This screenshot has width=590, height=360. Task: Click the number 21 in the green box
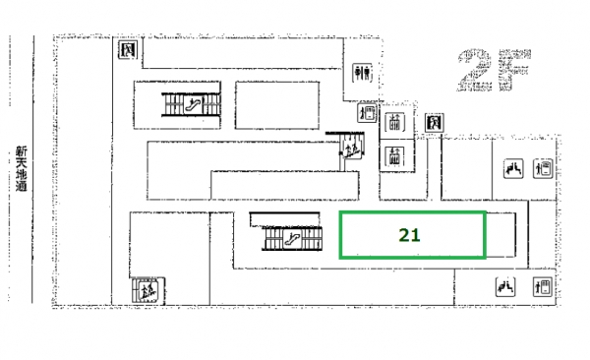[409, 235]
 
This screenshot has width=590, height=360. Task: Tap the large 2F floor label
[494, 70]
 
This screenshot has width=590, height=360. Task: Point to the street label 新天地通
[22, 168]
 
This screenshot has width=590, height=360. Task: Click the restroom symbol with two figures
[362, 73]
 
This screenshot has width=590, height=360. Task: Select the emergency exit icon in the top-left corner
[128, 50]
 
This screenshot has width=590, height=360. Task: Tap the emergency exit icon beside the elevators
[435, 123]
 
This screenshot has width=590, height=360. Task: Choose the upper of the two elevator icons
[394, 122]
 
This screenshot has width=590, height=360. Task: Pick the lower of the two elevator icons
[394, 155]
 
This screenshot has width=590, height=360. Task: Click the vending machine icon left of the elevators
[367, 112]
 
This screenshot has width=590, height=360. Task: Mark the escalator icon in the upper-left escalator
[194, 104]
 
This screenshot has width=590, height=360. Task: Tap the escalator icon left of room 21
[292, 239]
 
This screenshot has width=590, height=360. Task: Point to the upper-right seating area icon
[513, 168]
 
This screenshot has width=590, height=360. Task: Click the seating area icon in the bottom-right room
[505, 287]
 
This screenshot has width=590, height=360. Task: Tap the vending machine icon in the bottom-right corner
[543, 287]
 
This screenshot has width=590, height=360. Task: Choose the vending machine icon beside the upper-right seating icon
[543, 168]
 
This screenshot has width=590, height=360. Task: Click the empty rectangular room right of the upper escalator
[277, 105]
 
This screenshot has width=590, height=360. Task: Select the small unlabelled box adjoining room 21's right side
[501, 235]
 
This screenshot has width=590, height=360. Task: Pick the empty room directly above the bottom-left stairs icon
[169, 245]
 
